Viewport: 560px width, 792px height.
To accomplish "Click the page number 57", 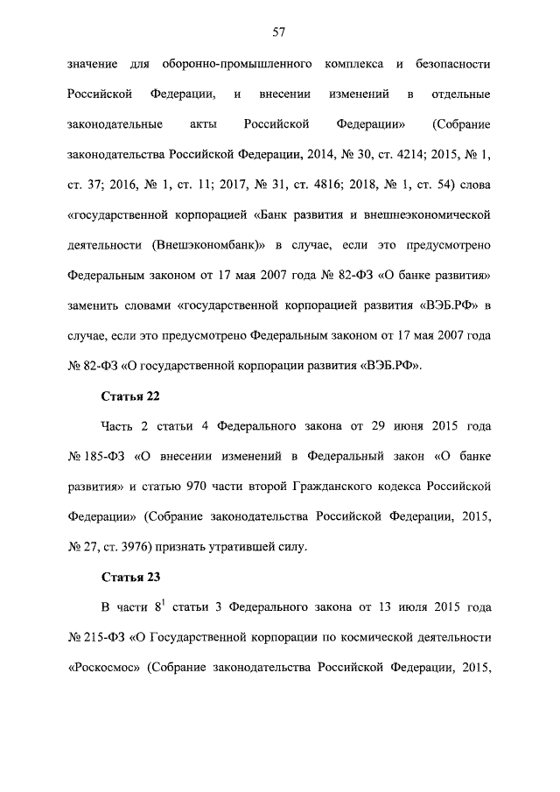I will pyautogui.click(x=279, y=32).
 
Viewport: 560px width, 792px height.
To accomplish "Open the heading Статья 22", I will pyautogui.click(x=129, y=395).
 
